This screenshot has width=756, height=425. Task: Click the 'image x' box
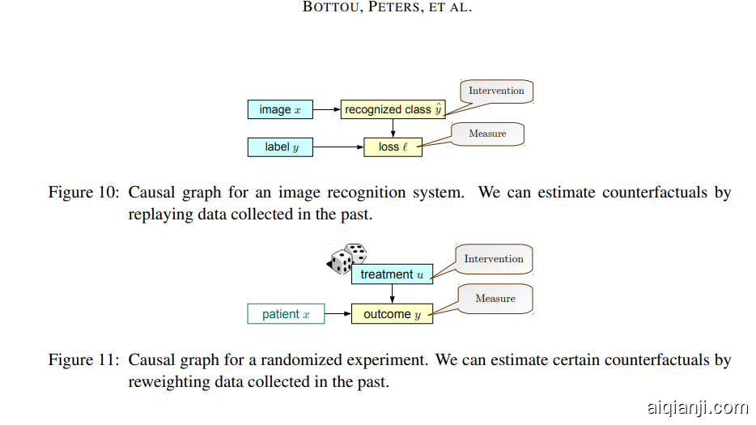coord(280,109)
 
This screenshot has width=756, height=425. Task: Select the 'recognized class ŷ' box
coord(393,109)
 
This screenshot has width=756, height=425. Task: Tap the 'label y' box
coord(280,147)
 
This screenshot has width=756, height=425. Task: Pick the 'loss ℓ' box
coord(393,147)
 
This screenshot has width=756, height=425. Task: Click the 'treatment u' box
coord(392,274)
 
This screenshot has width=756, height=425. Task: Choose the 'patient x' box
coord(286,314)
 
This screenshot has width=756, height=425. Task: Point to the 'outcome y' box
coord(392,314)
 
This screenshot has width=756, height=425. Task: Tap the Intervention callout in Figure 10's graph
coord(496,91)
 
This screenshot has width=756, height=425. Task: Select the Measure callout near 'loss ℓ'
coord(487,134)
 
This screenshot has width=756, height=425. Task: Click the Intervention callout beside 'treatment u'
coord(494,259)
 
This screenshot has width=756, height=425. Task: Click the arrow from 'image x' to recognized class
coord(326,109)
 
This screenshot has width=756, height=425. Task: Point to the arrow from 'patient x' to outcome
coord(338,314)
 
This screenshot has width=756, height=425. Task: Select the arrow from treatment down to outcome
coord(392,294)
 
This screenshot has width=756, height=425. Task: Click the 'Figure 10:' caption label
coord(84,193)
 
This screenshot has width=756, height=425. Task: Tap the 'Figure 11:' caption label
coord(84,360)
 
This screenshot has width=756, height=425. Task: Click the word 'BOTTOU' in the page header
coord(330,8)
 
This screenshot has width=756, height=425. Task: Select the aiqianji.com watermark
coord(697,407)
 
